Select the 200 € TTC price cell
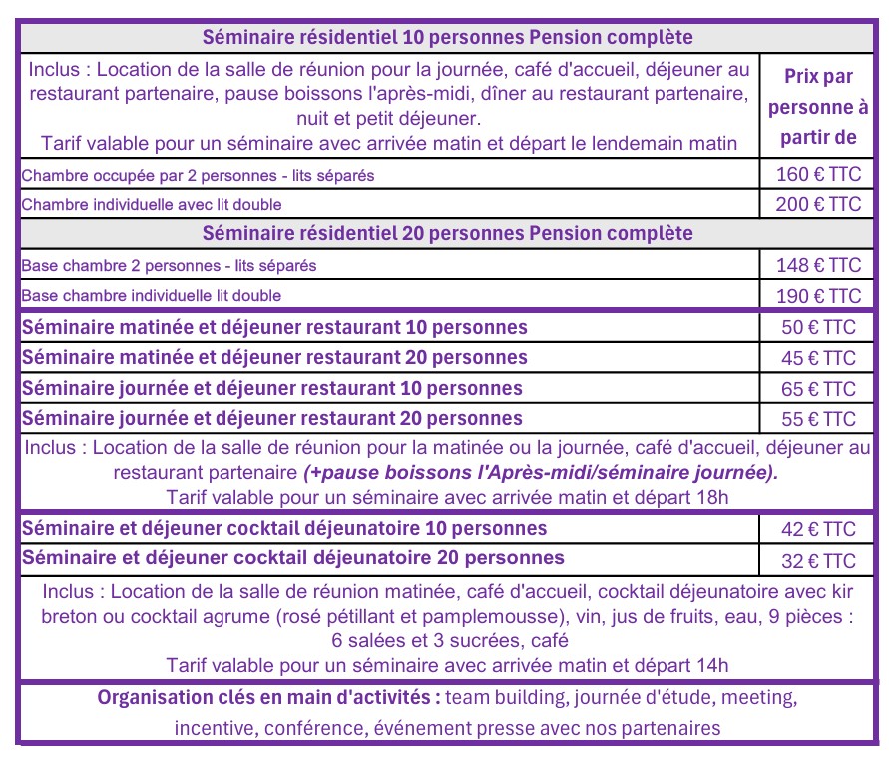point(818,204)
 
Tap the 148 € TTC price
point(818,266)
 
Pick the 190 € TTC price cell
point(818,296)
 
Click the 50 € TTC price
point(818,328)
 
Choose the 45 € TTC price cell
point(818,358)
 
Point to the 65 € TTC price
point(818,389)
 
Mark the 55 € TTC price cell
point(818,419)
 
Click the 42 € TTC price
point(818,529)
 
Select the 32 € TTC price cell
point(818,560)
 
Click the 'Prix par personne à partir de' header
point(820,106)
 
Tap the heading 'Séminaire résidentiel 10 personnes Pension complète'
point(447,37)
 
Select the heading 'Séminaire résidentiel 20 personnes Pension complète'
point(447,234)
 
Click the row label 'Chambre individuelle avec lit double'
point(152,205)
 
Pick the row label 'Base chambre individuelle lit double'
point(152,296)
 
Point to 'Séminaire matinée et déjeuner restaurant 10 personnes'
point(274,328)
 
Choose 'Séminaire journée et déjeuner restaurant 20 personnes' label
point(271,418)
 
